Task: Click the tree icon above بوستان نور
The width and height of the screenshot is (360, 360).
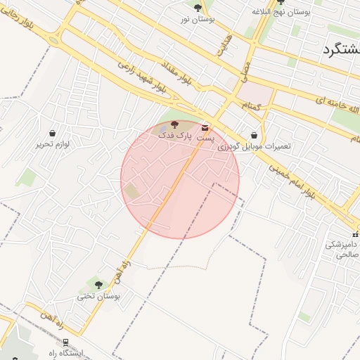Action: click(198, 8)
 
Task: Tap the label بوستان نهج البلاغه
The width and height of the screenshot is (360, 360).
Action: click(281, 13)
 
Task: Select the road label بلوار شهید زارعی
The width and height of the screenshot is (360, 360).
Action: click(141, 75)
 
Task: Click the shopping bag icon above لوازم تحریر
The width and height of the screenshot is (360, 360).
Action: click(53, 133)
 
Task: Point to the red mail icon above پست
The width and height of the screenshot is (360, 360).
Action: click(205, 127)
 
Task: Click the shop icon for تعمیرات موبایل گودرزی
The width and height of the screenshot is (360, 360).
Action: click(254, 136)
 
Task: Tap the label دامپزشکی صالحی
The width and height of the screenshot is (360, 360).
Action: click(342, 249)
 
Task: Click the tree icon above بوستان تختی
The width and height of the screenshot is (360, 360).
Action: click(98, 285)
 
